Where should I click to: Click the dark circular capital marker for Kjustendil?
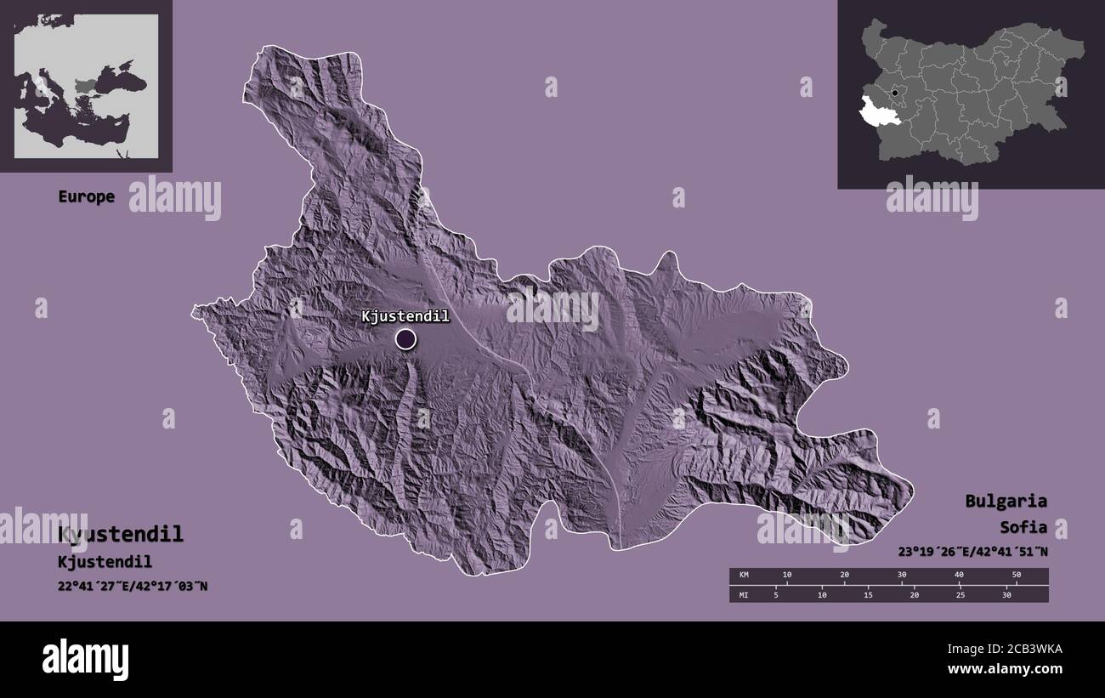coord(406,339)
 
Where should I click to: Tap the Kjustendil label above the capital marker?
coord(405,316)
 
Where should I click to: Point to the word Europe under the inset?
coord(86,196)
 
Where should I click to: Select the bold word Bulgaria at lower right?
coord(1006,501)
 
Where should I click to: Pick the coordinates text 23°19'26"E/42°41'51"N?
coord(972,552)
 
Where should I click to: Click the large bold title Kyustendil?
coord(121,535)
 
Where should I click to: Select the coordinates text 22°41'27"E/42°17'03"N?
coord(133,587)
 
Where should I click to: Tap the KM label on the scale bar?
coord(744,576)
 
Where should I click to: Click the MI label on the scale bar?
coord(744,594)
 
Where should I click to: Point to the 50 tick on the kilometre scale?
coord(1016,576)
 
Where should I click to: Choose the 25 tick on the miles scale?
coord(960,594)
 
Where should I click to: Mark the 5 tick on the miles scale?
coord(775,594)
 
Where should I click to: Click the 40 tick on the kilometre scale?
coord(959,576)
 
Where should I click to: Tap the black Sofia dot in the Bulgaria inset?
coord(894,93)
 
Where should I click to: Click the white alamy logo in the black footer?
coord(85,659)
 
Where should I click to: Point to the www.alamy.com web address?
coord(1005,670)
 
